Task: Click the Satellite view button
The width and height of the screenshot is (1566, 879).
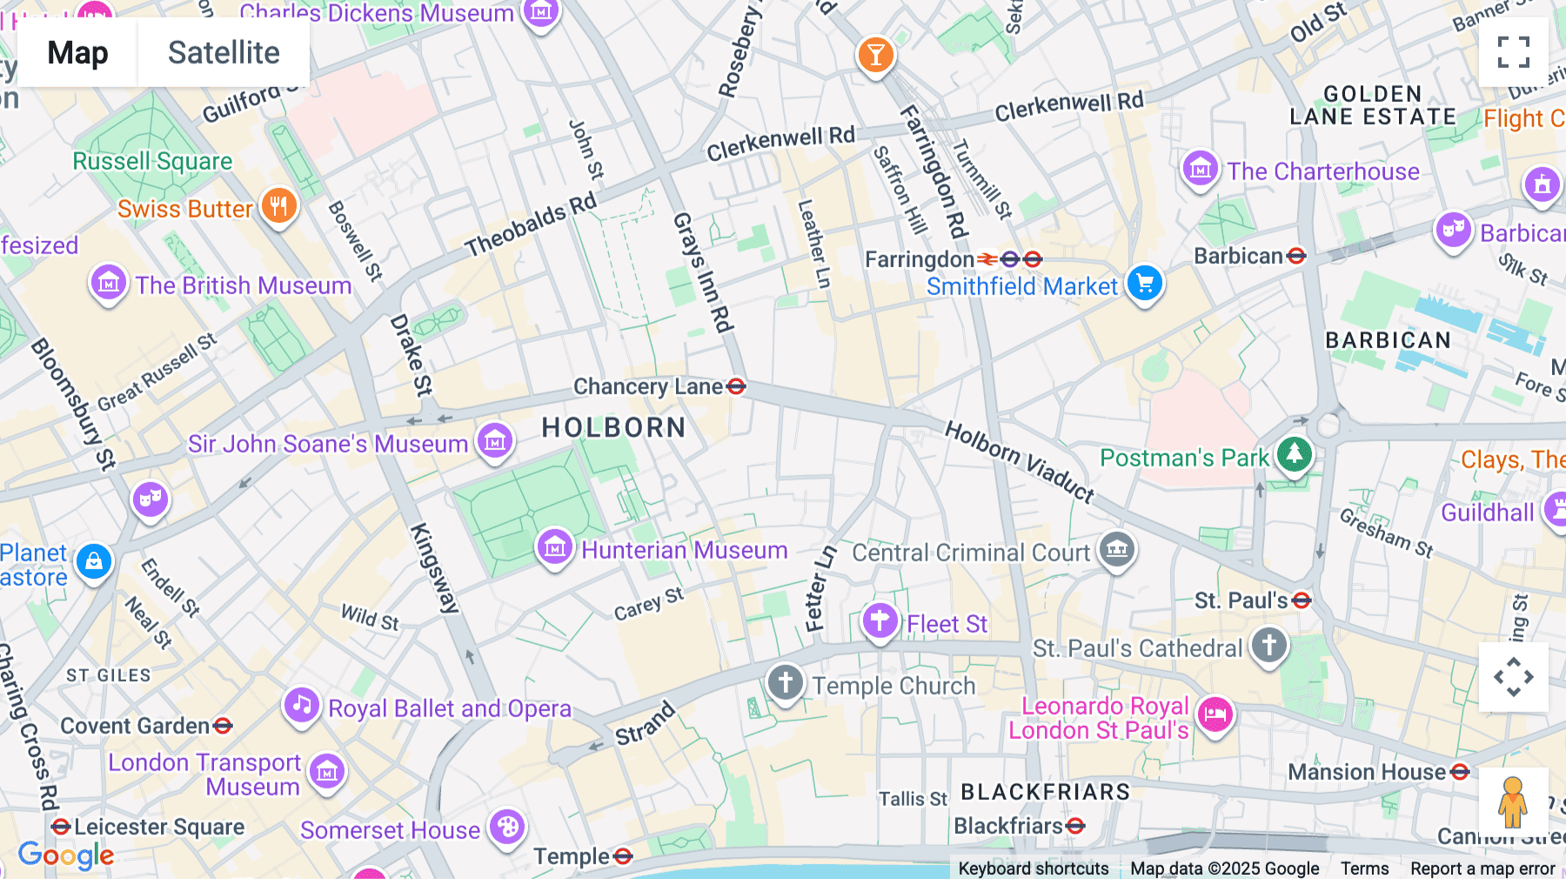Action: point(224,52)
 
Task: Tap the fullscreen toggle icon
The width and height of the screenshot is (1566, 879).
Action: point(1513,52)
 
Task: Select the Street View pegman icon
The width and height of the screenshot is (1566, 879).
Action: point(1513,802)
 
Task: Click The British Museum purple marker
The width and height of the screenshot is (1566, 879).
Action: point(109,283)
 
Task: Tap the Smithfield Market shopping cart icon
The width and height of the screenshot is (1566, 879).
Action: point(1145,284)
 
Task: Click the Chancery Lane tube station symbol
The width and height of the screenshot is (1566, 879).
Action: point(736,386)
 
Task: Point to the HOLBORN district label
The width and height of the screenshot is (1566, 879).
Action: point(613,427)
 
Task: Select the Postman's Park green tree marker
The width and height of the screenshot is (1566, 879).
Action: point(1295,453)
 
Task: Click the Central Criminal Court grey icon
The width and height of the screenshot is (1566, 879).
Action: point(1117,549)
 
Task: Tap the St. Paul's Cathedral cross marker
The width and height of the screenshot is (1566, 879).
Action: point(1269,646)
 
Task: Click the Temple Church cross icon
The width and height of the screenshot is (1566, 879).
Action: point(786,682)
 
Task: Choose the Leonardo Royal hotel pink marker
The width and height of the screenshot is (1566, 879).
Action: point(1215,715)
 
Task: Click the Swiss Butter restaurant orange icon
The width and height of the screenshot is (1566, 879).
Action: point(278,206)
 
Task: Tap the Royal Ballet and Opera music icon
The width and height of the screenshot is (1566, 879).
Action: point(302,705)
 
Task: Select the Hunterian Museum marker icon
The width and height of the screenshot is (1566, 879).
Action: point(555,548)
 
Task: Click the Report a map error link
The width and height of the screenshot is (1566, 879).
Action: point(1482,869)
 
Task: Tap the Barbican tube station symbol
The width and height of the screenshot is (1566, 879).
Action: point(1296,256)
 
